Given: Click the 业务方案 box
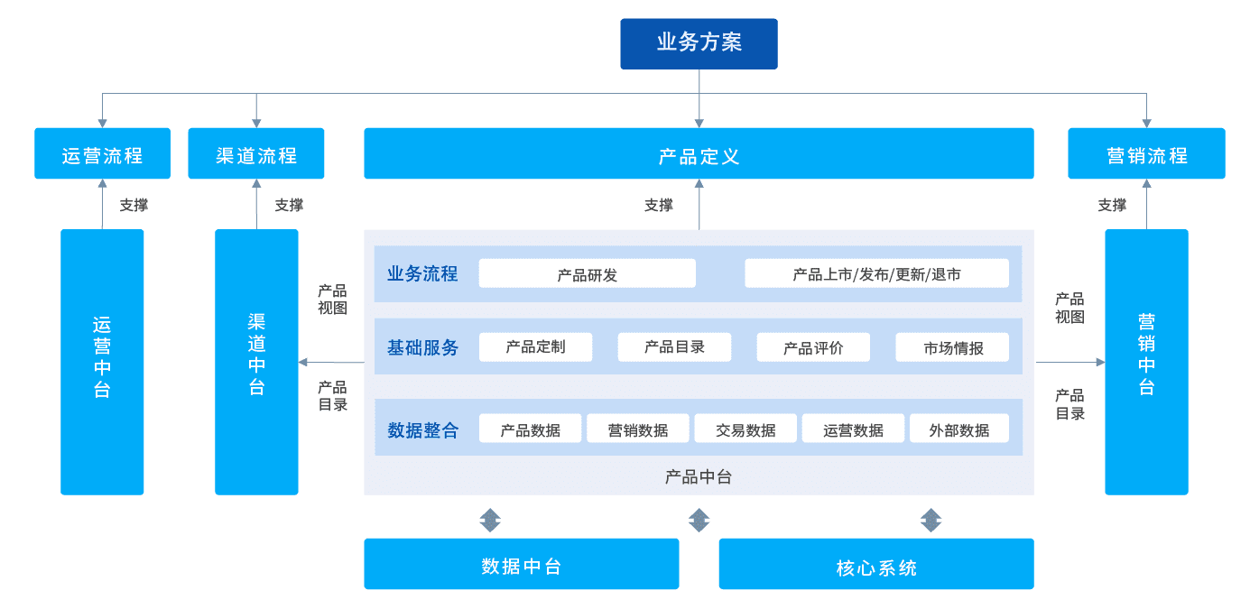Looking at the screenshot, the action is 699,43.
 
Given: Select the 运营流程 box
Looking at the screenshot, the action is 102,153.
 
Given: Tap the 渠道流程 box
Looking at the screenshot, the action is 256,153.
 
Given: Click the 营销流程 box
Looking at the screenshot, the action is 1146,153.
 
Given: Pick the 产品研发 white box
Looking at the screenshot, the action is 587,273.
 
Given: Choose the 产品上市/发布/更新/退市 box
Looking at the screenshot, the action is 876,273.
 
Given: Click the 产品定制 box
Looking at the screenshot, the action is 536,346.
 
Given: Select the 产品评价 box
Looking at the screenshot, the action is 813,346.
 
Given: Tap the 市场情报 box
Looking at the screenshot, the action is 952,346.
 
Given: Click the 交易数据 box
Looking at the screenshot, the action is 745,429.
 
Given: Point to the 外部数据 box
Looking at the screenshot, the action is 959,429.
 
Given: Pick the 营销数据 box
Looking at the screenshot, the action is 638,429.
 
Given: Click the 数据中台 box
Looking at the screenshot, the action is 521,564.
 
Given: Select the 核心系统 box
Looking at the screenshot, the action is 876,564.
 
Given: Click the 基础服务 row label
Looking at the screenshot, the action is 422,347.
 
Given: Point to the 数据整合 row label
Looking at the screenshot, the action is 422,430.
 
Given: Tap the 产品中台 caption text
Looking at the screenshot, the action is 698,476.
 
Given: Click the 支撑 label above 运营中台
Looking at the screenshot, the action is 134,205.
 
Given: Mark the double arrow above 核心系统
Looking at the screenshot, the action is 931,520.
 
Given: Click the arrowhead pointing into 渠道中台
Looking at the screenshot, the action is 303,363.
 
